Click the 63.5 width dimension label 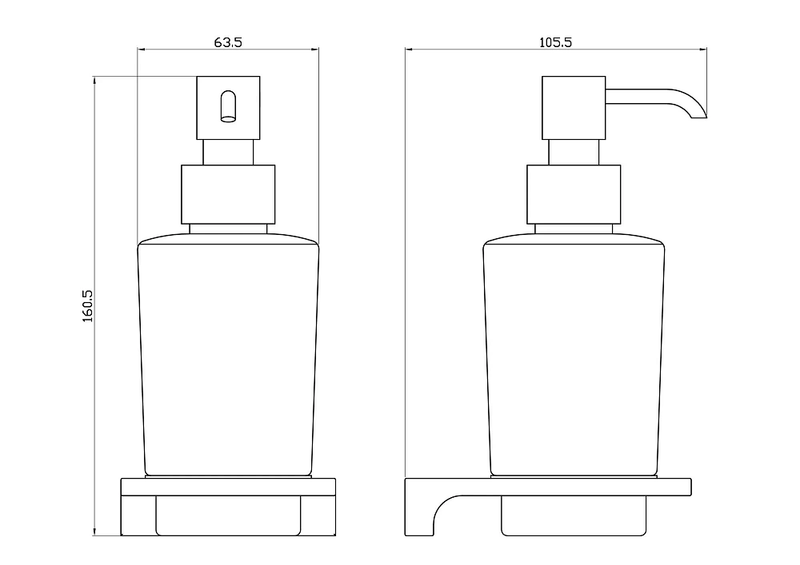pos(227,42)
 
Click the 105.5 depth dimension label pos(556,42)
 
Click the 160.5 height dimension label pos(88,306)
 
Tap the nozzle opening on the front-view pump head pos(228,106)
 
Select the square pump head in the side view pos(574,108)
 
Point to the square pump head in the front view pos(228,108)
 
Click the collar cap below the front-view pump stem pos(228,194)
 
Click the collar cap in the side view pos(574,194)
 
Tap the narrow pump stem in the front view pos(228,153)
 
